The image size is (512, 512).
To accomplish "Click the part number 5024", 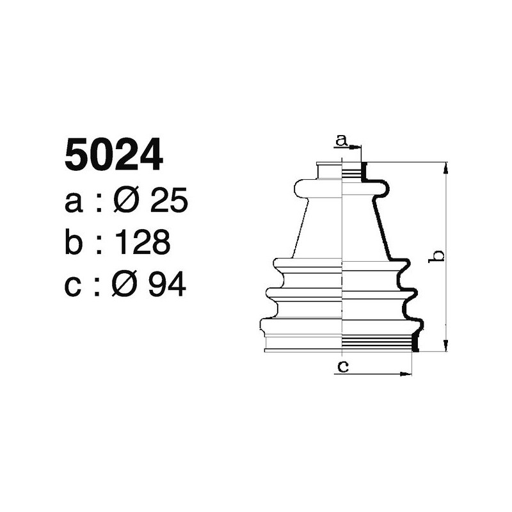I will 113,156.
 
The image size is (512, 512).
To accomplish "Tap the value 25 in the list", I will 168,202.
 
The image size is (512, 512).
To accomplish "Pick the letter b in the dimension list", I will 74,243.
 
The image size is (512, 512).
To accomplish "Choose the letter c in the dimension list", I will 74,285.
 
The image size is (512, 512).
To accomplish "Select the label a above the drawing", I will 342,139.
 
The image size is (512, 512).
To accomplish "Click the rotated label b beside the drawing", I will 438,256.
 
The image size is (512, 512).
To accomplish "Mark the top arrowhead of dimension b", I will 445,167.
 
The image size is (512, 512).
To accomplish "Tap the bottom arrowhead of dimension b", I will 445,346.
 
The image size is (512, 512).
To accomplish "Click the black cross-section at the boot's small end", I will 365,171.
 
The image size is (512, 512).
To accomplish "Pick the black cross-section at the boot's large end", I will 415,342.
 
